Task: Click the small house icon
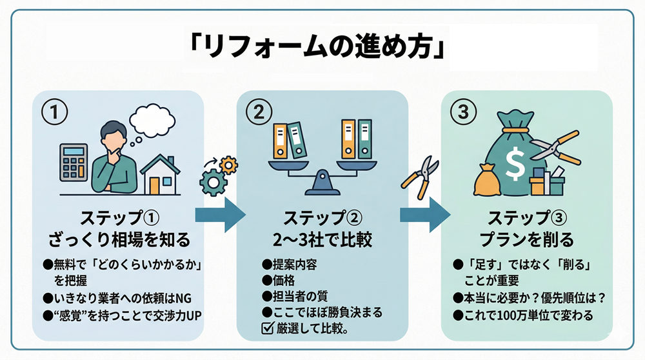(162, 174)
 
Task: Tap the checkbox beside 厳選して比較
(266, 328)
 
